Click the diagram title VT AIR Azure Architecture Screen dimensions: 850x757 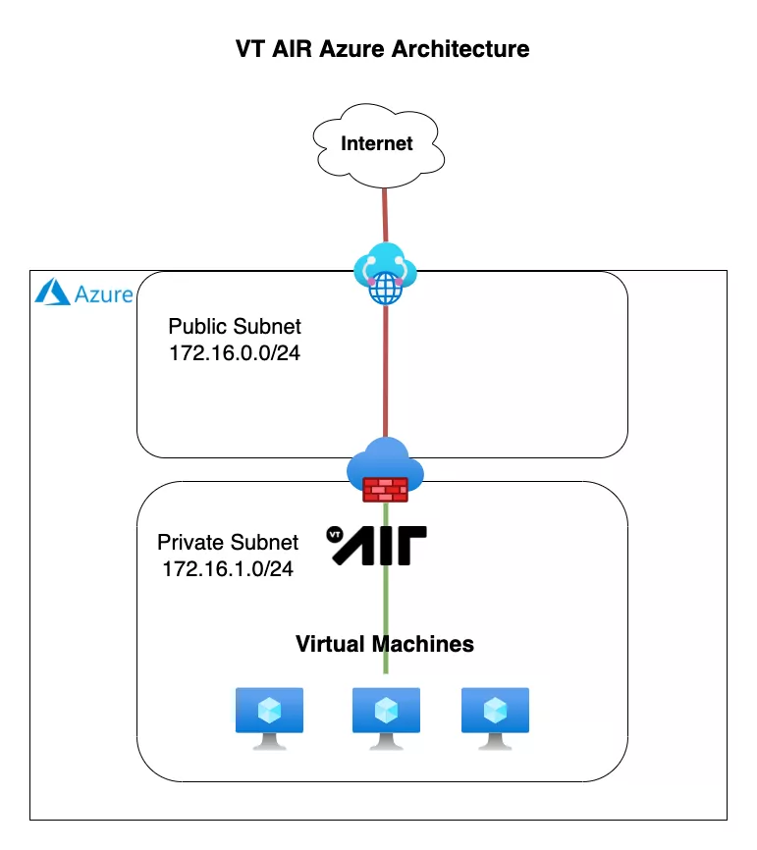coord(382,48)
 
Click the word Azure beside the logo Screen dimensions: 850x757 coord(103,293)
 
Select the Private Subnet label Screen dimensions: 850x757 coord(227,543)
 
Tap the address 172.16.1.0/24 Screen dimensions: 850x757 coord(227,568)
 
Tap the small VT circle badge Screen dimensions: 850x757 coord(335,535)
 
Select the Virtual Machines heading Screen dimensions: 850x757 coord(385,644)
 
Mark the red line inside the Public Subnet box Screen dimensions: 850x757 coord(385,373)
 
